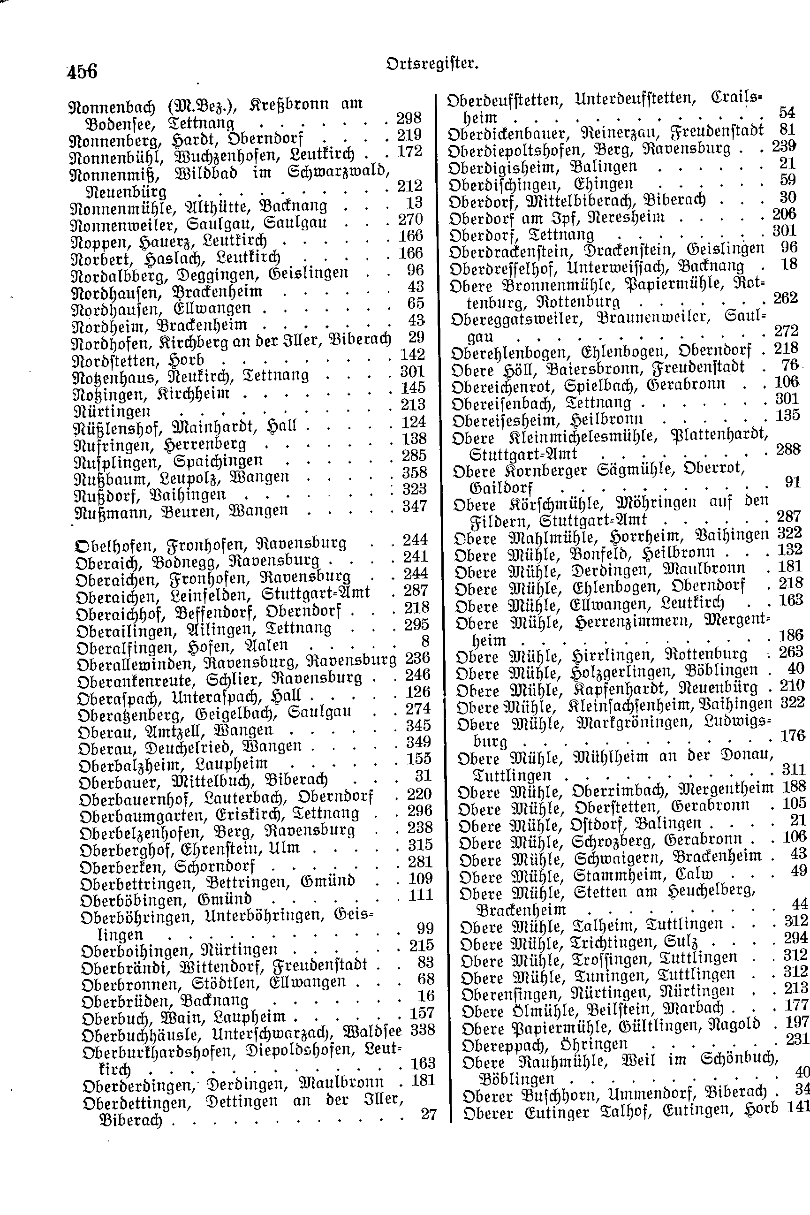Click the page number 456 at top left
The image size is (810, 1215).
point(82,71)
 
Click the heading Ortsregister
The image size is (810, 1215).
point(432,64)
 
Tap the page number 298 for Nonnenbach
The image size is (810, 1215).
point(409,118)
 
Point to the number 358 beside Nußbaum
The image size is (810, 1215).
point(414,472)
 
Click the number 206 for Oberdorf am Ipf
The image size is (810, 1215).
point(784,214)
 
